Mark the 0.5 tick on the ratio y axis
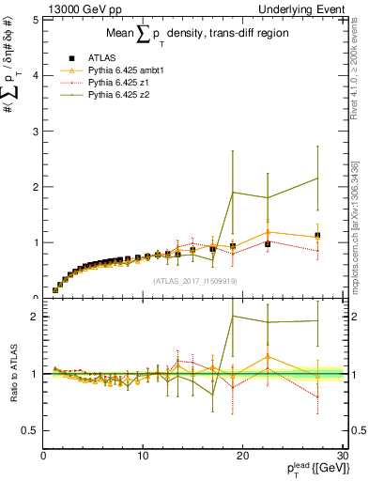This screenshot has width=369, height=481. (32, 430)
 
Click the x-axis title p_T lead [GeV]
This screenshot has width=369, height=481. (311, 472)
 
